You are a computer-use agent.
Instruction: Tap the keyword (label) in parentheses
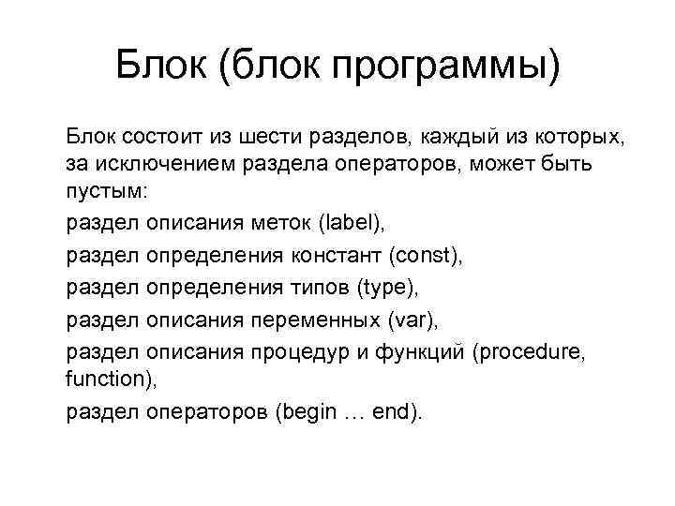(351, 223)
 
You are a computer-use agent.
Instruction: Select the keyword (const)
(425, 255)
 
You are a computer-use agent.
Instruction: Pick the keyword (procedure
(545, 350)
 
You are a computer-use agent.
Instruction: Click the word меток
(281, 223)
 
